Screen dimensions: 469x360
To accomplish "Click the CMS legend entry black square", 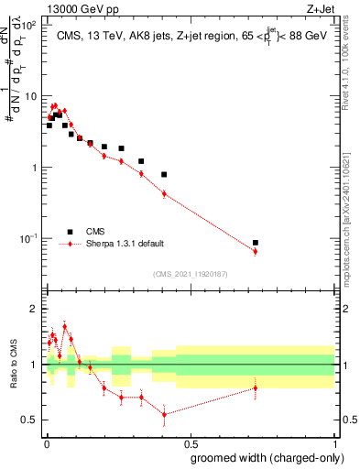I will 68,232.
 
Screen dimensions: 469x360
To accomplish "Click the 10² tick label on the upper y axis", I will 27,25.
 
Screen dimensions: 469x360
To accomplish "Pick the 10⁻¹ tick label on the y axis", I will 27,239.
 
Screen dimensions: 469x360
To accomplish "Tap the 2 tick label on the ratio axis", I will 33,309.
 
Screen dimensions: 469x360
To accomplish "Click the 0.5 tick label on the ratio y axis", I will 29,420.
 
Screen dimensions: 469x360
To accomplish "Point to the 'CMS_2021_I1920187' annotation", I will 190,274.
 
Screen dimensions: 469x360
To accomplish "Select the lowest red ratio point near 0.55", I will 164,414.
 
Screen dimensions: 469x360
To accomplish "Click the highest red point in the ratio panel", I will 64,326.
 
